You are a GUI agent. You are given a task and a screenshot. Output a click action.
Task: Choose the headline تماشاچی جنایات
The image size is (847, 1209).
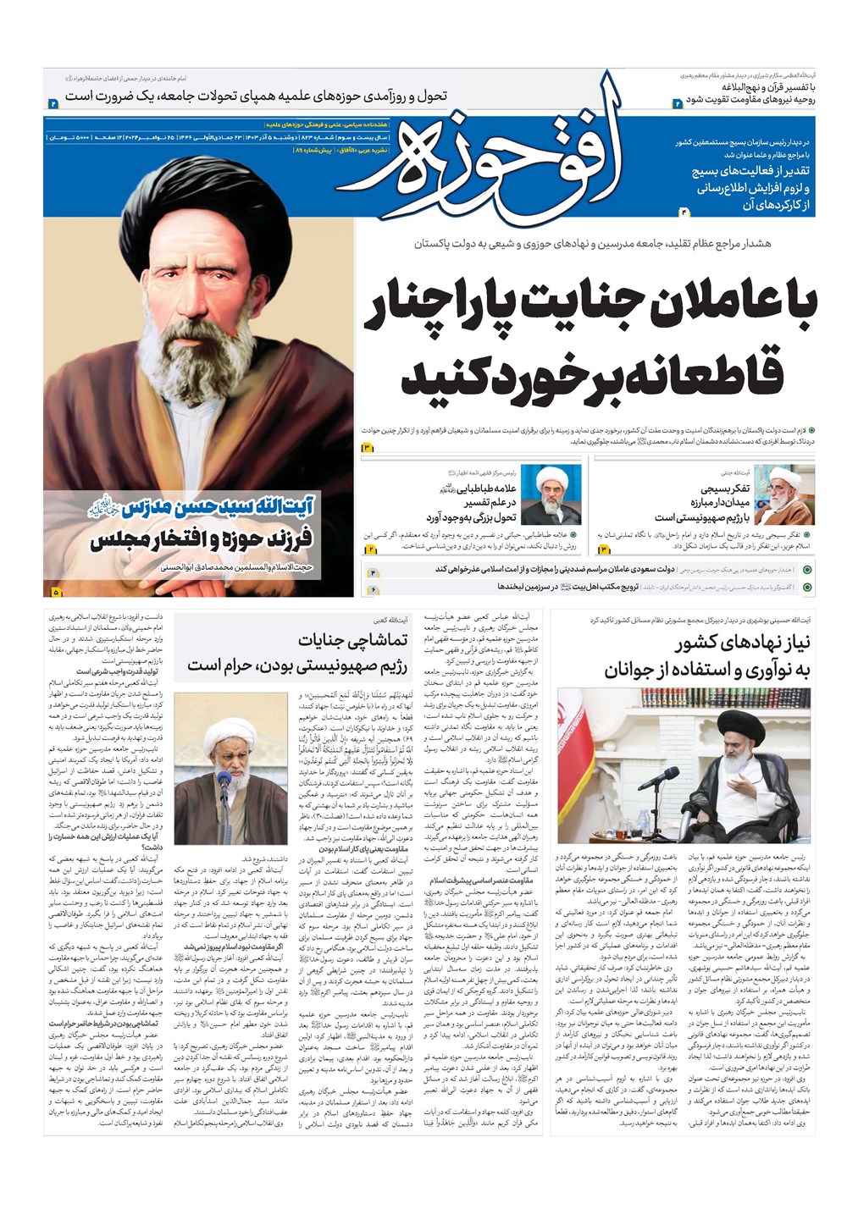(352, 640)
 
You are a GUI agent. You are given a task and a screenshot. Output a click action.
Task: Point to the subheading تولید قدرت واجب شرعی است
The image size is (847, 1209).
(122, 671)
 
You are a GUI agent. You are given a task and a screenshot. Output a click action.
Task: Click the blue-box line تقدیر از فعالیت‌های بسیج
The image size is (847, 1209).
(750, 172)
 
